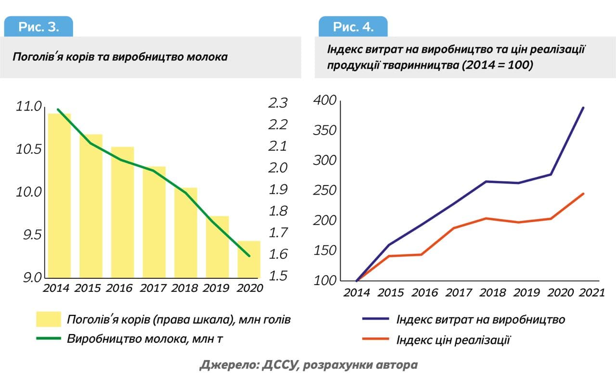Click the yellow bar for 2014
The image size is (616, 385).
59,196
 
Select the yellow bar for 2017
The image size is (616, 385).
154,222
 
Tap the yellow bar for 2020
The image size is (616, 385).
249,259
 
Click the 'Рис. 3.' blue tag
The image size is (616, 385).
38,27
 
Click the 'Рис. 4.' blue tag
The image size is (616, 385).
353,27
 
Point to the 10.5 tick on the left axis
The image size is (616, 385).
29,149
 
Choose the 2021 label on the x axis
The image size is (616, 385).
591,293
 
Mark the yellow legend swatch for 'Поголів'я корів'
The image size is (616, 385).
49,319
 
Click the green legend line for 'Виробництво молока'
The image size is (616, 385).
49,338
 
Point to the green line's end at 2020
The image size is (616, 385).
249,256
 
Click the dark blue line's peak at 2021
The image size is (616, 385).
583,108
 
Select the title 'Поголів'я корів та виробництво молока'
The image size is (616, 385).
120,57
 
